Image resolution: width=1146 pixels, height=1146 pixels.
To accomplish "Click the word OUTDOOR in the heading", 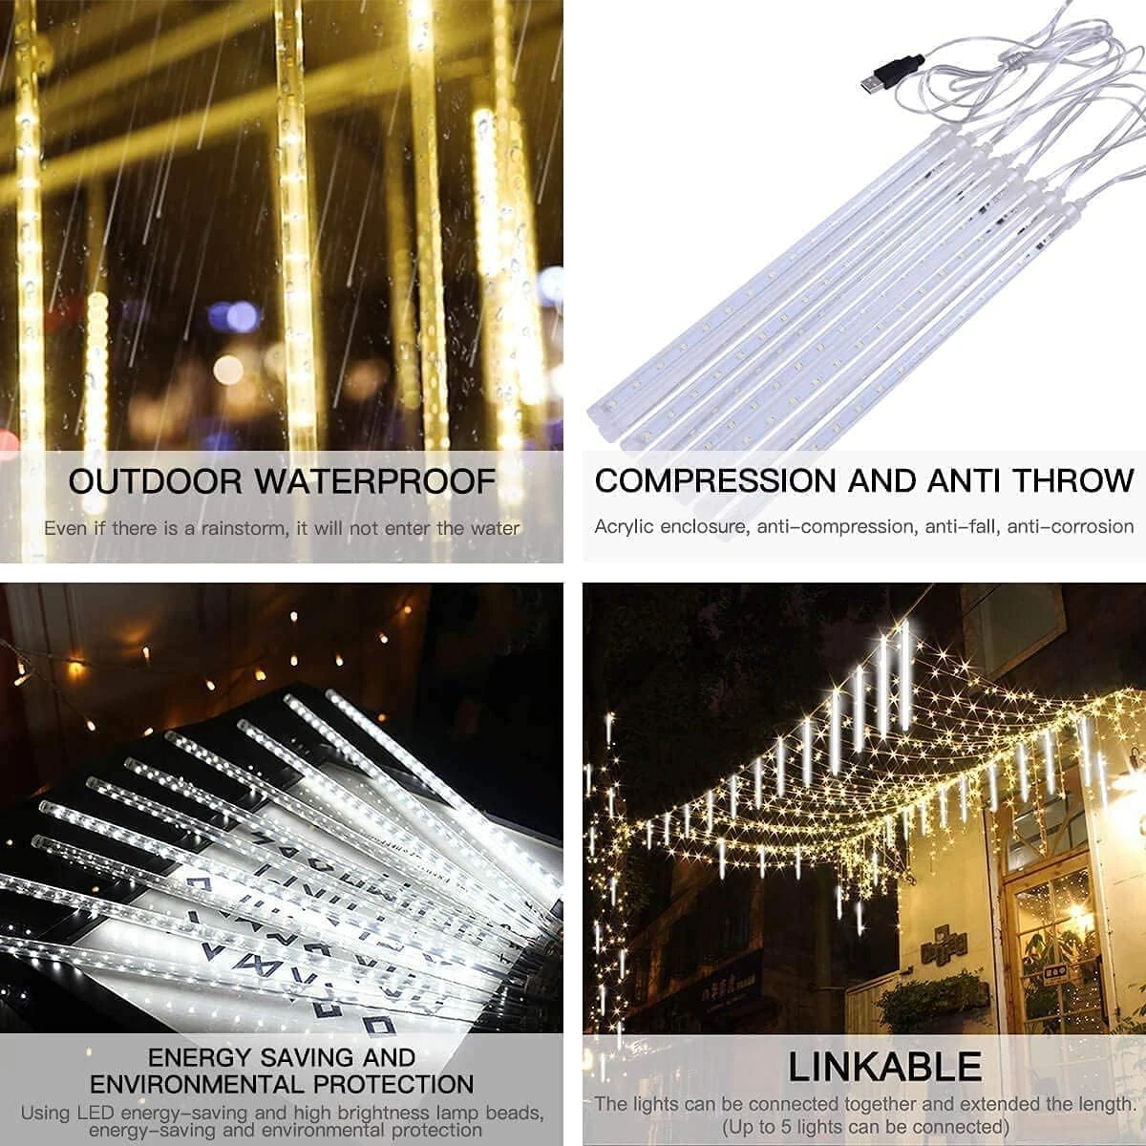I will coord(155,481).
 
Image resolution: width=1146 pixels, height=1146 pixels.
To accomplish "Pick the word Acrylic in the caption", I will coord(623,526).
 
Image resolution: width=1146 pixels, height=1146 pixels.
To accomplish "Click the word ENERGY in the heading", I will coord(201,1058).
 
